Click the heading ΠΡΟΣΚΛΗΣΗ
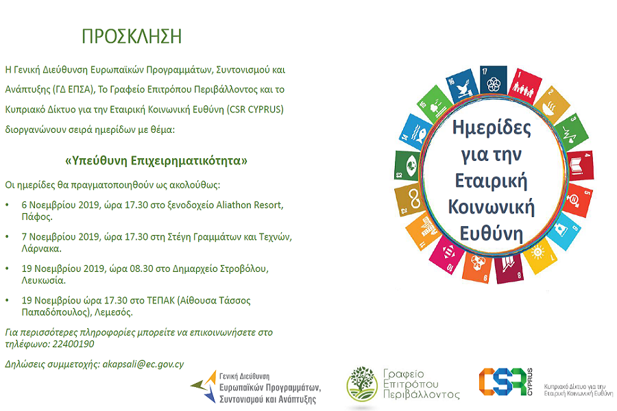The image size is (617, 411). coord(132,36)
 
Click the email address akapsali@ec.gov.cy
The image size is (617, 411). coord(143,364)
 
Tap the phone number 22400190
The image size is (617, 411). coord(73,344)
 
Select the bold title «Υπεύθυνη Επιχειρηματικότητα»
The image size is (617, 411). coord(156,161)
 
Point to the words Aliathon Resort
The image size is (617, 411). coord(249,205)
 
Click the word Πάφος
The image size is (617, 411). coord(37,216)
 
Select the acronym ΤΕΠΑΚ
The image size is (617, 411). coord(160,301)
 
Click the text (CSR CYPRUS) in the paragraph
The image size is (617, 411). coord(255,110)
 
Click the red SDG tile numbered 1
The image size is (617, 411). coord(525,86)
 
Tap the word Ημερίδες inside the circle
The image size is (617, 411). coord(492,127)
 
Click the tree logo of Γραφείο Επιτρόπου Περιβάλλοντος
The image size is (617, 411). coord(362,384)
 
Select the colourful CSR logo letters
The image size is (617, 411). coord(502,382)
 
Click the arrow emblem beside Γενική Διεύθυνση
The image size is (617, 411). coord(204,386)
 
